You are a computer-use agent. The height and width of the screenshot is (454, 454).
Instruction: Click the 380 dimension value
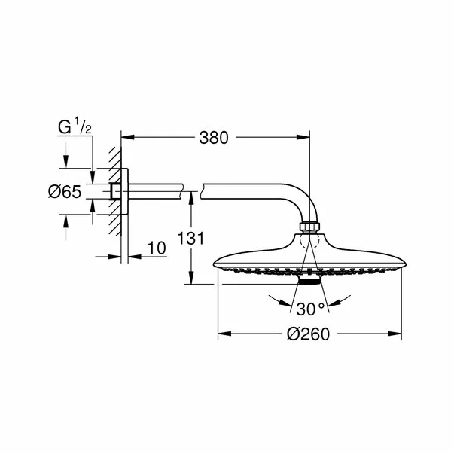[215, 138]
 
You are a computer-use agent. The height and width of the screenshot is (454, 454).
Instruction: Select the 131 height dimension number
[194, 239]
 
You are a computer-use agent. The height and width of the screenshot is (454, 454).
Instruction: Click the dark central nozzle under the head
[309, 281]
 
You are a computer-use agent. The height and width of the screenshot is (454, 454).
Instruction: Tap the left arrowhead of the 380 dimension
[126, 138]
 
